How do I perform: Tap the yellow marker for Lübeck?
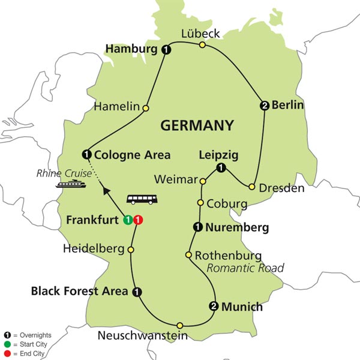coord(202,44)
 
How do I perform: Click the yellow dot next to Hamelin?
coord(145,108)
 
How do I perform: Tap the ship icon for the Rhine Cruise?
coord(67,185)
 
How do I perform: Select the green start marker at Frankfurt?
coord(127,219)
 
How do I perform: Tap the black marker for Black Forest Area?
coord(137,292)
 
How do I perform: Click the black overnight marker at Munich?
coord(213,307)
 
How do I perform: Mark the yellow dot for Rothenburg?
coord(188,255)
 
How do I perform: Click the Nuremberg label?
coord(235,227)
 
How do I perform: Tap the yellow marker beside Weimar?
coord(203,181)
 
